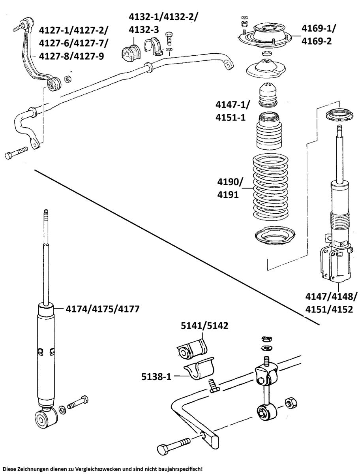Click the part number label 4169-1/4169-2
pyautogui.click(x=318, y=34)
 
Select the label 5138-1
pyautogui.click(x=156, y=376)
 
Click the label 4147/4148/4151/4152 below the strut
pyautogui.click(x=331, y=303)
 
